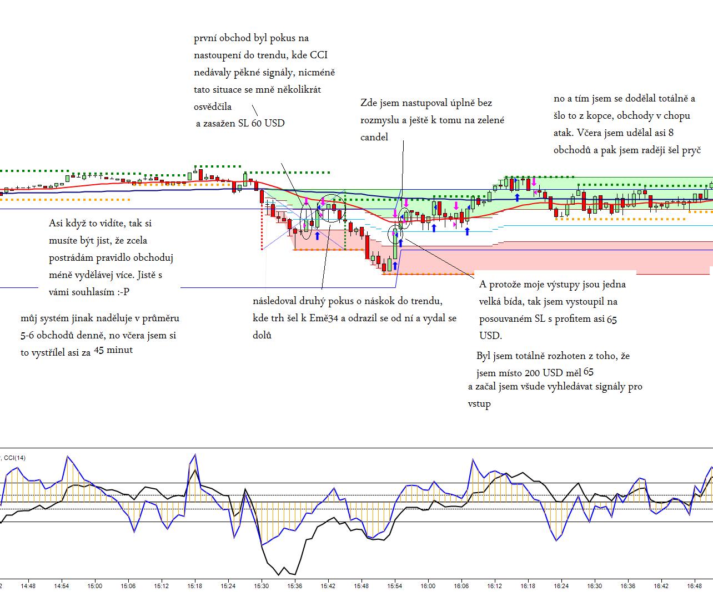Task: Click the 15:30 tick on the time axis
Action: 261,585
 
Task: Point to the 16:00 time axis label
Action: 428,585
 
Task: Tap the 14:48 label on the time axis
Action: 28,585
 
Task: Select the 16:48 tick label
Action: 694,585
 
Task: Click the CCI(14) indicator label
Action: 14,458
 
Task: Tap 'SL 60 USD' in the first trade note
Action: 261,123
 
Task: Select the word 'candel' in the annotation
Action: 374,137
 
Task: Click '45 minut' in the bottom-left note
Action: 113,350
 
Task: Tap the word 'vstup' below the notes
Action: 479,404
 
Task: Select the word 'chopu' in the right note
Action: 676,116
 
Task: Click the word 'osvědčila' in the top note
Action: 213,107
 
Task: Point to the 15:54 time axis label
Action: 394,585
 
